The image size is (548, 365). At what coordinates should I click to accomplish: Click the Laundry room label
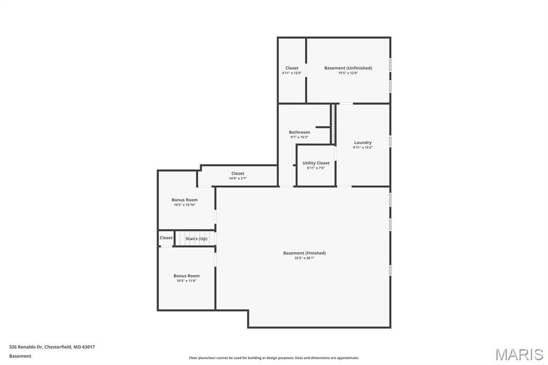click(363, 142)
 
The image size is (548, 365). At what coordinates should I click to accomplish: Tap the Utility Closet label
click(316, 163)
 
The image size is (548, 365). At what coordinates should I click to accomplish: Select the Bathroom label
click(299, 132)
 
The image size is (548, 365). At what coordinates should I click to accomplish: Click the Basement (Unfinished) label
click(348, 68)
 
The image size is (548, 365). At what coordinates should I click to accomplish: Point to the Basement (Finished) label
click(305, 253)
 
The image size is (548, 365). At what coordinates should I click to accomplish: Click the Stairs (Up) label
click(196, 239)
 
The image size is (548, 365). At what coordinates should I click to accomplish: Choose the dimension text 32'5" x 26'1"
click(305, 258)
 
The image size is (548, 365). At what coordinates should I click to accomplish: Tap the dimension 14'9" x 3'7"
click(238, 178)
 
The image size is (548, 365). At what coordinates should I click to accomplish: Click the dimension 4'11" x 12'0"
click(292, 73)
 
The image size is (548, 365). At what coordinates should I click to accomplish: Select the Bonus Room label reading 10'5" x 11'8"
click(186, 276)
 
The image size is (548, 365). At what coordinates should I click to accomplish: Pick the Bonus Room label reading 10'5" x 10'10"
click(185, 200)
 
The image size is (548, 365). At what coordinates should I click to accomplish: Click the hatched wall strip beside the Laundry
click(332, 124)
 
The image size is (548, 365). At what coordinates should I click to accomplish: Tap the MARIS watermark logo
click(519, 354)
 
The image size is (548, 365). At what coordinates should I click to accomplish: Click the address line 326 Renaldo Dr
click(52, 347)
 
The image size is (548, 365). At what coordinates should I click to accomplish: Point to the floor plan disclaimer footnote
click(273, 358)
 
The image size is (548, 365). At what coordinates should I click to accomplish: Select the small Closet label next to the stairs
click(166, 238)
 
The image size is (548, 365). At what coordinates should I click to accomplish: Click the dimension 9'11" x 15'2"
click(363, 148)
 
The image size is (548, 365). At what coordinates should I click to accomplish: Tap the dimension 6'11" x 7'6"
click(316, 168)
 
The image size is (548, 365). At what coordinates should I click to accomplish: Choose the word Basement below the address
click(20, 356)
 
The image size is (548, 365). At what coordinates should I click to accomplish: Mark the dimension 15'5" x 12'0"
click(348, 73)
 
